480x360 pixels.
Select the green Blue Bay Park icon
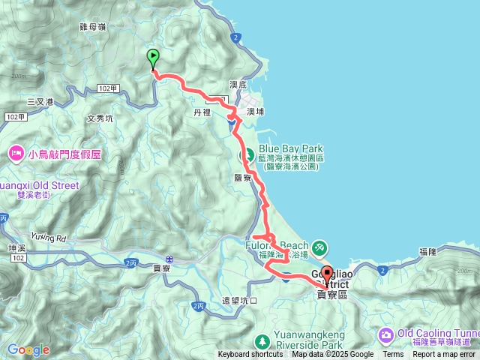point(245,156)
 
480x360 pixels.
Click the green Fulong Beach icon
point(319,245)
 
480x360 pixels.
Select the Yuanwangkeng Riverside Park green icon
point(261,339)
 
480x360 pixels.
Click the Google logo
point(28,349)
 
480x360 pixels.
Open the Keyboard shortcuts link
point(250,355)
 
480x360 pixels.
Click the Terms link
point(393,355)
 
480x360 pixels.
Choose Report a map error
point(444,355)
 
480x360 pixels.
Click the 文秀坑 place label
point(100,118)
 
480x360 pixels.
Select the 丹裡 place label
point(202,112)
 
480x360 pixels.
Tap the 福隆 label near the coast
point(428,251)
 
